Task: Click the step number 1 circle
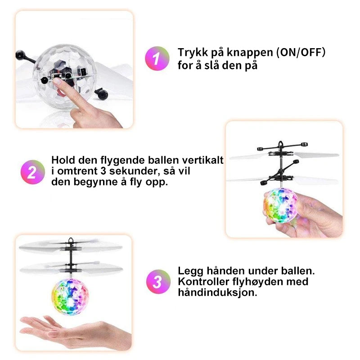pos(157,58)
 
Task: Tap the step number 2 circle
pos(32,172)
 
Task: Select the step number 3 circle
pos(158,282)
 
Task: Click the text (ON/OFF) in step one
pos(301,53)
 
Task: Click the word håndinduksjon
pos(217,293)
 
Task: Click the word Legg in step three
pos(190,271)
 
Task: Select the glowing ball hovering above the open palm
pos(70,297)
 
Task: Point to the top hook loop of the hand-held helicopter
pos(280,144)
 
